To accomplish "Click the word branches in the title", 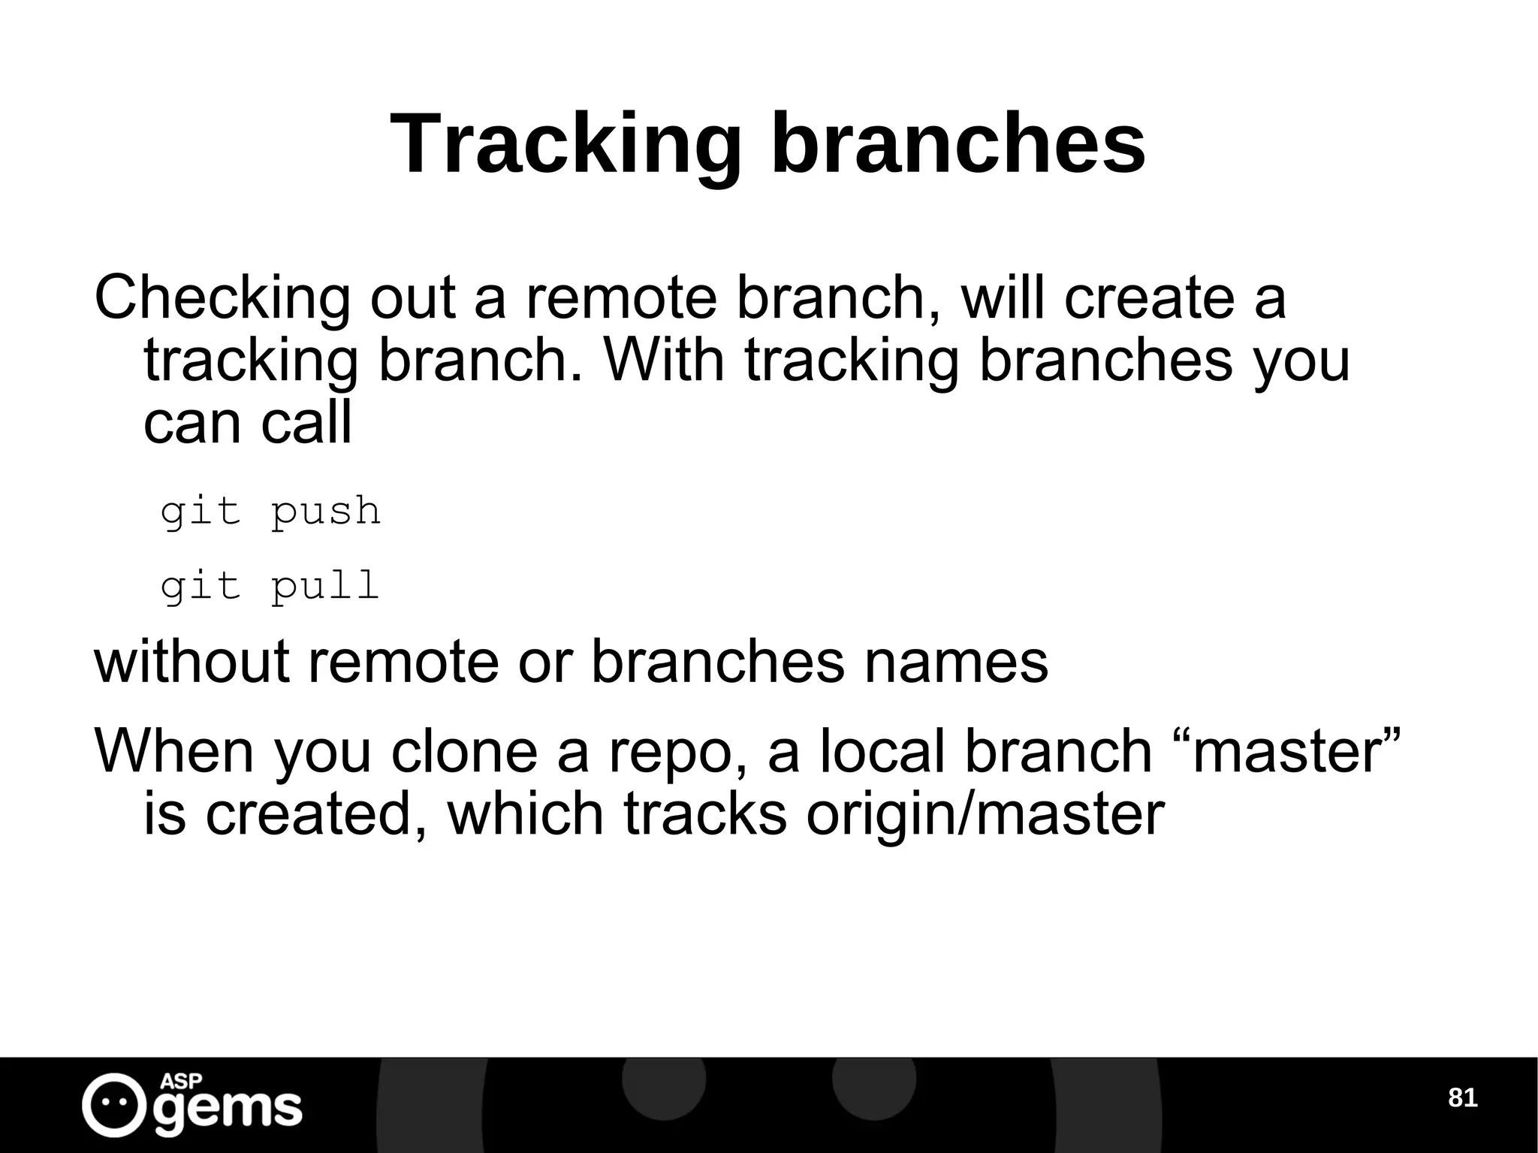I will click(x=957, y=144).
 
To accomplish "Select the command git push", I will click(x=270, y=512).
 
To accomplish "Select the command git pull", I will click(x=270, y=587).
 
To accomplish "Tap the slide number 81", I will click(x=1461, y=1098).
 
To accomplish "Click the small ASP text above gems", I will click(x=181, y=1082).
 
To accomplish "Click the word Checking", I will click(x=222, y=299).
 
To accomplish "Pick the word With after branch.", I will click(x=664, y=361).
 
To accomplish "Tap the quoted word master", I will click(x=1295, y=751).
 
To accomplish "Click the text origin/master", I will click(x=985, y=815).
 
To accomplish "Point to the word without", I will click(x=191, y=662).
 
